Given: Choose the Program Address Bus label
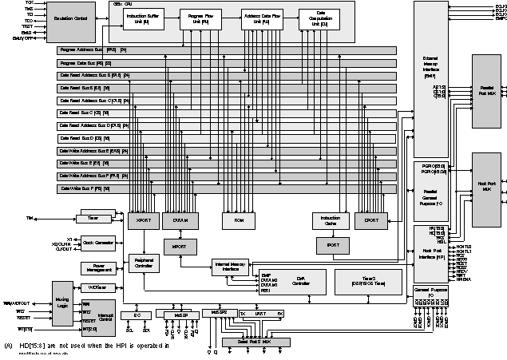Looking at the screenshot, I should (x=89, y=50).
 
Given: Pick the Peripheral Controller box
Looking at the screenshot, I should (x=145, y=264).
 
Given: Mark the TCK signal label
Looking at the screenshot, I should (x=30, y=3).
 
